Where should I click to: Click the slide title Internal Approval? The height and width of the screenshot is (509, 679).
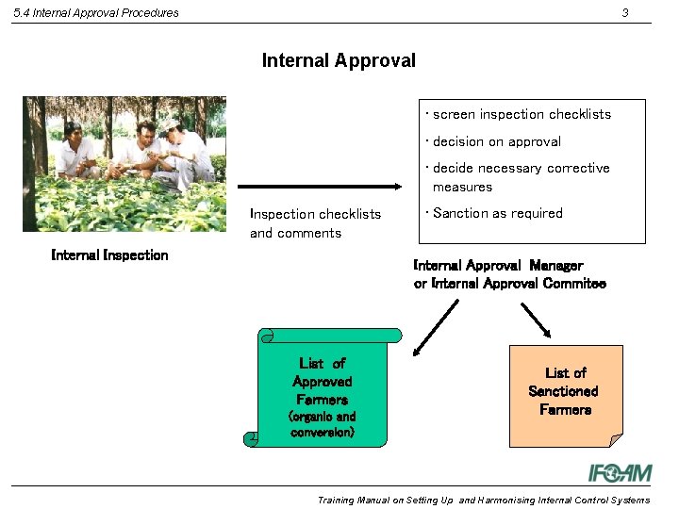[339, 61]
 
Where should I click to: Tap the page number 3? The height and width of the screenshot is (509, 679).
[624, 12]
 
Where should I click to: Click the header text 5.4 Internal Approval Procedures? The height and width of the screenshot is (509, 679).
[96, 13]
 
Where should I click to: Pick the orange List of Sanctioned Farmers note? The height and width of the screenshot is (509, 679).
[565, 395]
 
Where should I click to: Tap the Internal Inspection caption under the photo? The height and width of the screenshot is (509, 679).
[109, 255]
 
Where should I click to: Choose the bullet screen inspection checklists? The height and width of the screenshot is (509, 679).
[522, 115]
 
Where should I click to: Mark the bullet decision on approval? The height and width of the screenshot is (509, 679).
[497, 142]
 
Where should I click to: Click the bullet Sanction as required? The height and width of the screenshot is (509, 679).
[497, 214]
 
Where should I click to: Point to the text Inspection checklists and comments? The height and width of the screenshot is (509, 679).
[315, 223]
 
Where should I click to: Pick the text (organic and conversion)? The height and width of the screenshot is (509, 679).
[322, 424]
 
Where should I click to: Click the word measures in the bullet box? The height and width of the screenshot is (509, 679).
[462, 188]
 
